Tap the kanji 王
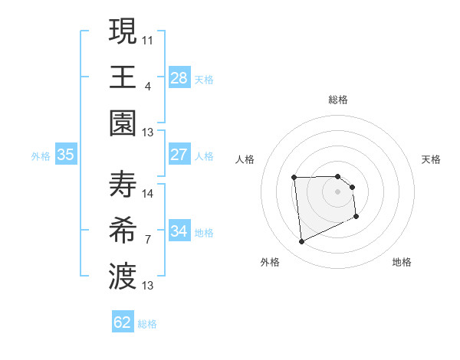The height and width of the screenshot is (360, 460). pyautogui.click(x=123, y=76)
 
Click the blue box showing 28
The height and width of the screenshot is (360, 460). pyautogui.click(x=179, y=78)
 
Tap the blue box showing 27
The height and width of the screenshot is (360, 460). pyautogui.click(x=179, y=155)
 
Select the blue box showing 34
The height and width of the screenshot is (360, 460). pyautogui.click(x=179, y=231)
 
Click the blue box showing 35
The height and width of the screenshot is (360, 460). pyautogui.click(x=66, y=155)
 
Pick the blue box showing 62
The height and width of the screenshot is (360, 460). pyautogui.click(x=123, y=322)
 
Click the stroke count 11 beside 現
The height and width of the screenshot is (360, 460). pyautogui.click(x=148, y=39)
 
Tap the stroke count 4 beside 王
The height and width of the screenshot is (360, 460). pyautogui.click(x=148, y=86)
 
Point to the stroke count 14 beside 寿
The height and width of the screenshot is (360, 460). pyautogui.click(x=148, y=194)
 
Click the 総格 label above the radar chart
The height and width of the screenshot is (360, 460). pyautogui.click(x=338, y=100)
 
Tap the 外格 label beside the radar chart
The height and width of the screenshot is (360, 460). pyautogui.click(x=270, y=262)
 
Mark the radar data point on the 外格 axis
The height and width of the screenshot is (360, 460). pyautogui.click(x=301, y=242)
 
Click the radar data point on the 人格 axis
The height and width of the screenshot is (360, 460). pyautogui.click(x=294, y=178)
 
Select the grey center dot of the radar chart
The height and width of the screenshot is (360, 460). pyautogui.click(x=338, y=191)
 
